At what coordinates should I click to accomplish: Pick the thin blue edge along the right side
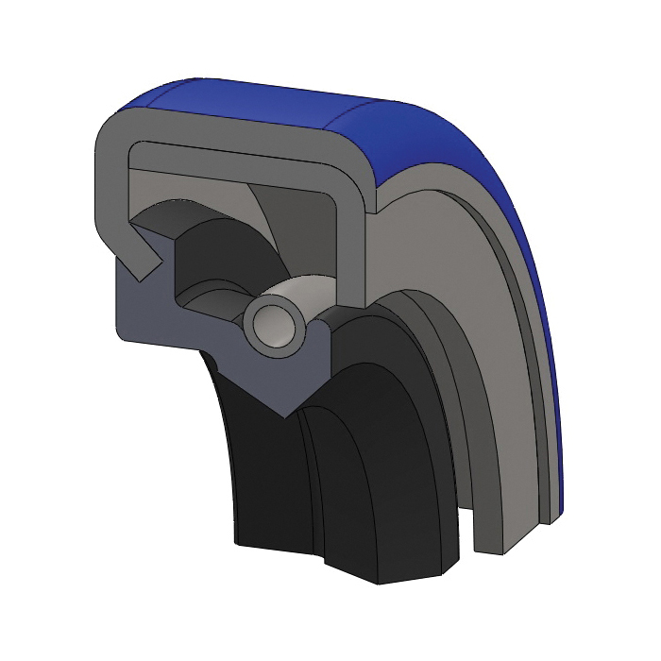pyautogui.click(x=552, y=378)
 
